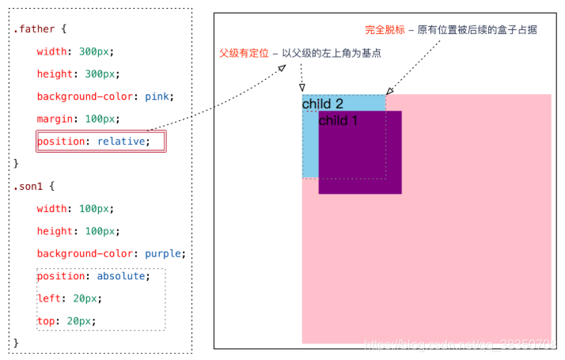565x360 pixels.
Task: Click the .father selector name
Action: pyautogui.click(x=34, y=28)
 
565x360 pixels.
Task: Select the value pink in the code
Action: pyautogui.click(x=157, y=97)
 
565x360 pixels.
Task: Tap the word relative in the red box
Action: pyautogui.click(x=122, y=142)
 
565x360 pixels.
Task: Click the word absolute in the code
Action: pyautogui.click(x=121, y=276)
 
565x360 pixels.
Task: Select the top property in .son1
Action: pyautogui.click(x=46, y=321)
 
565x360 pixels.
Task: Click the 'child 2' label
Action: pyautogui.click(x=323, y=104)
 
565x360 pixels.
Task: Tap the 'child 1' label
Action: pyautogui.click(x=338, y=120)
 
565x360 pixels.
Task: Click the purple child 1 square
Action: pyautogui.click(x=360, y=158)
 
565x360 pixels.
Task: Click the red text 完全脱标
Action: pyautogui.click(x=385, y=30)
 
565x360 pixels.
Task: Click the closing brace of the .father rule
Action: pyautogui.click(x=16, y=163)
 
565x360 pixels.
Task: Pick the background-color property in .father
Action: pyautogui.click(x=86, y=97)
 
